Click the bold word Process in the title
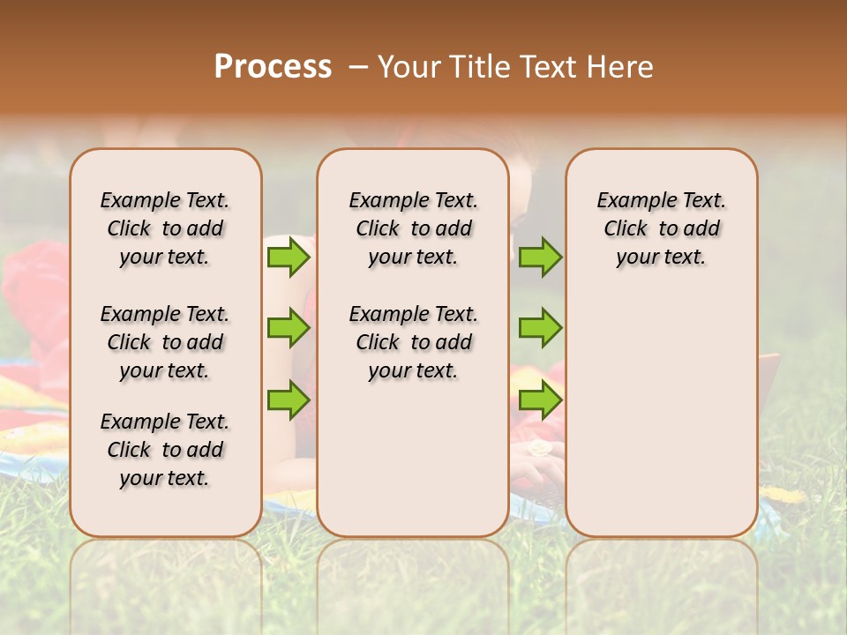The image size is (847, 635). coord(273,67)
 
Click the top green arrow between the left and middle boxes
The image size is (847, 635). coord(289,258)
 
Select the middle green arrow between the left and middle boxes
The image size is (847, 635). coord(289,328)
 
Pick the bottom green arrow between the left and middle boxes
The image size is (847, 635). coord(289,400)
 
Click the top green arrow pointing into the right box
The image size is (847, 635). coord(540,258)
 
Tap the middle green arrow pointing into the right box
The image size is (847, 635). coord(540,328)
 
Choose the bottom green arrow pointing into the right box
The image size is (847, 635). coord(540,400)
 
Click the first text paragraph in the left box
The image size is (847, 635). coord(165,228)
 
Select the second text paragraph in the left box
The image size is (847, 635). coord(165,342)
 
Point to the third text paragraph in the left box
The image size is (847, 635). coord(165,450)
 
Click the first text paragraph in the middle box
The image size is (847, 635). coord(413,228)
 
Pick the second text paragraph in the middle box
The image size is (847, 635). coord(413,342)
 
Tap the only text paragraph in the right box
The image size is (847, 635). coord(661,228)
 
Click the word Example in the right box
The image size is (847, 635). coord(628,201)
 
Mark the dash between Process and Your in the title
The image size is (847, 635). coord(358,67)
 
